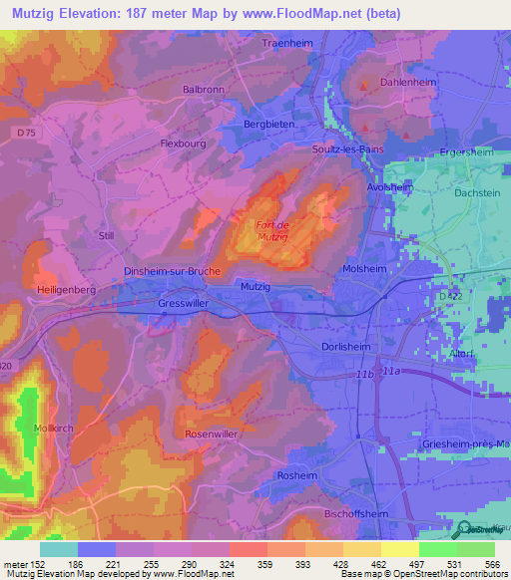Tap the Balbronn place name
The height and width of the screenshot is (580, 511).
coord(204,89)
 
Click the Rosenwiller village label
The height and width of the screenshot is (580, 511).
coord(211,435)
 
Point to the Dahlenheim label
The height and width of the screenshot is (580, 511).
coord(408,83)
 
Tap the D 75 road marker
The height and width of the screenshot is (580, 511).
coord(26,131)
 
